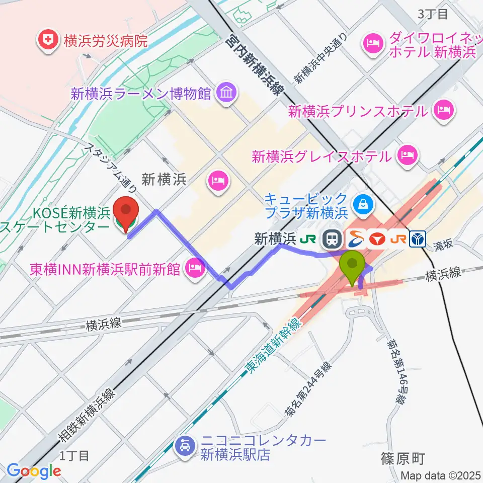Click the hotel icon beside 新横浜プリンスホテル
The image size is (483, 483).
[x=443, y=110]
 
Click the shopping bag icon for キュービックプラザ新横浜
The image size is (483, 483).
[x=362, y=204]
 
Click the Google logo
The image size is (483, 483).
[x=34, y=470]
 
